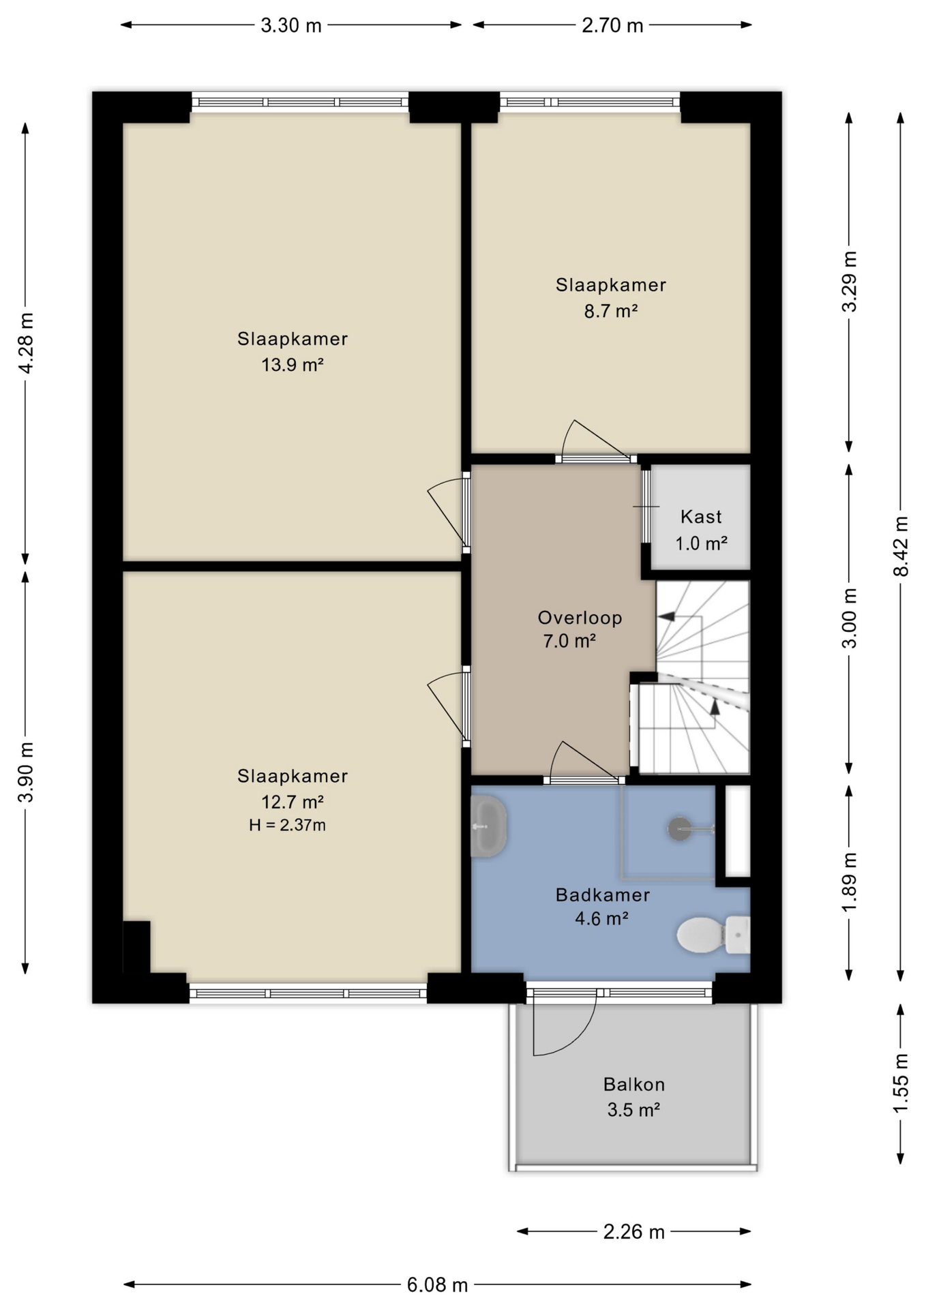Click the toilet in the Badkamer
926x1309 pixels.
click(713, 935)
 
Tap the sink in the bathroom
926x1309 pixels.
click(488, 826)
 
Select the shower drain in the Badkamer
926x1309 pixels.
click(679, 829)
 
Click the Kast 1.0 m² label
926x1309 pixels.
click(701, 530)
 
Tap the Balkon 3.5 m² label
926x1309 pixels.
click(633, 1097)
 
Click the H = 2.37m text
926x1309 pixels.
click(287, 825)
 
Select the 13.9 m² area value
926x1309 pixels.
click(292, 365)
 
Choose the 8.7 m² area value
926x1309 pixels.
click(610, 311)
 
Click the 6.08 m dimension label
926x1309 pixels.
click(437, 1285)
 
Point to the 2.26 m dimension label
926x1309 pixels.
click(633, 1231)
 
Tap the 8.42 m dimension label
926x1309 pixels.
click(901, 546)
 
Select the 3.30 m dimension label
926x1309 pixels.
click(291, 25)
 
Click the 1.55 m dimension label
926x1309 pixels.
click(901, 1083)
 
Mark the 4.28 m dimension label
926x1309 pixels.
click(25, 343)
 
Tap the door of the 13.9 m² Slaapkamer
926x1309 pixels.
click(446, 511)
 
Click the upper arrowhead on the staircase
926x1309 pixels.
click(666, 616)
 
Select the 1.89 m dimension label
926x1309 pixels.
click(849, 882)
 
